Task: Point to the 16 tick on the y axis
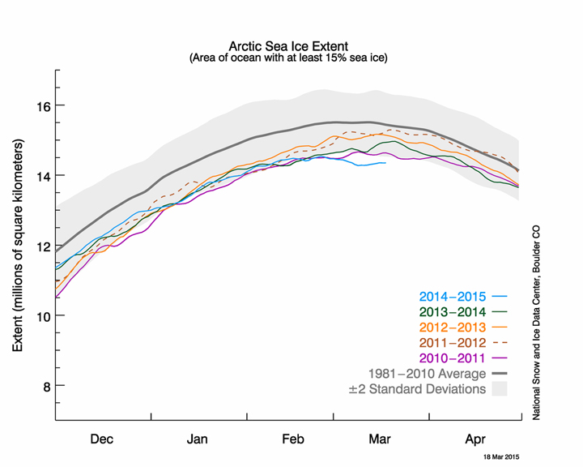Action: [x=40, y=106]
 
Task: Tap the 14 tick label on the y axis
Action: [x=40, y=176]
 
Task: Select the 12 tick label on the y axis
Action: [x=40, y=246]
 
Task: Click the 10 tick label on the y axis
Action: [x=40, y=315]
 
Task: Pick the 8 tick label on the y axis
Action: [x=45, y=385]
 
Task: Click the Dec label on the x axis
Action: [x=102, y=439]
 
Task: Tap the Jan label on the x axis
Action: [x=198, y=439]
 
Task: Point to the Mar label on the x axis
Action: [x=380, y=439]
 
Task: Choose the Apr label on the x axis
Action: [x=474, y=439]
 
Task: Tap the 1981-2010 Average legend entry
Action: [x=437, y=374]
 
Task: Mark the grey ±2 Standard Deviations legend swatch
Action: [x=499, y=389]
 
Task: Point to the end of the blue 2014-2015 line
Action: [x=385, y=163]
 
